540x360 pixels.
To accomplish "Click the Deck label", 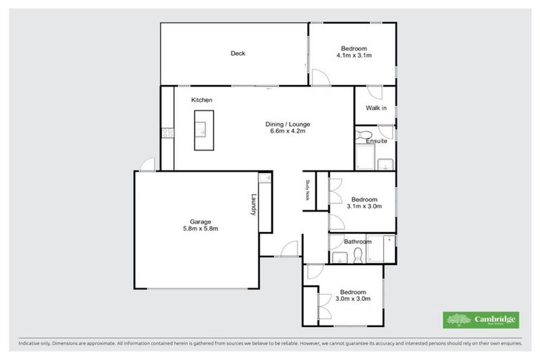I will pyautogui.click(x=238, y=53).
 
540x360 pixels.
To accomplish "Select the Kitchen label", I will pyautogui.click(x=202, y=101).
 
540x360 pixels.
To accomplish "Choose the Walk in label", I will pyautogui.click(x=376, y=108).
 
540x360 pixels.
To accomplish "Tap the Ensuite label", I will pyautogui.click(x=376, y=141).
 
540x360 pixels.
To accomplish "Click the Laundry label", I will pyautogui.click(x=253, y=205).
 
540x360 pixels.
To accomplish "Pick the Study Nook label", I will pyautogui.click(x=307, y=191).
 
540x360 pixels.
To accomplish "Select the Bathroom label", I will pyautogui.click(x=357, y=242).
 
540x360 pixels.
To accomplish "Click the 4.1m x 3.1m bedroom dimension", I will pyautogui.click(x=354, y=55).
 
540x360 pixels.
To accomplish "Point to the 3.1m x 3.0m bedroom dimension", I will pyautogui.click(x=364, y=207).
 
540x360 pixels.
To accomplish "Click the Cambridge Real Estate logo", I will pyautogui.click(x=480, y=320).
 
